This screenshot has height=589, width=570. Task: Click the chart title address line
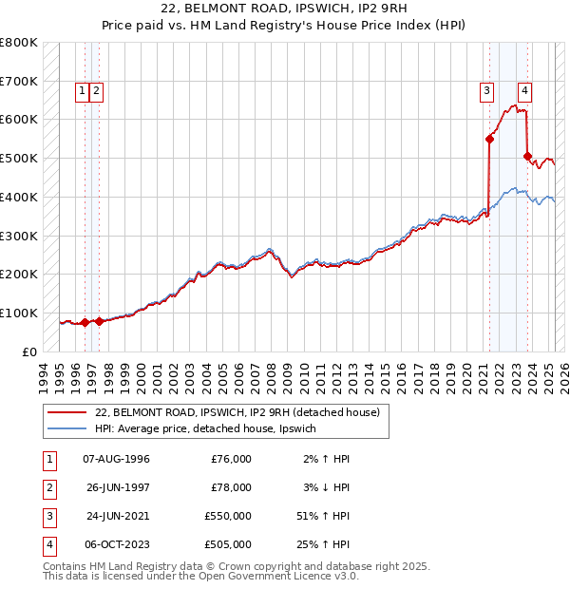[x=284, y=9]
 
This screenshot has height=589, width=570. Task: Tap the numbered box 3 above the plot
[x=486, y=92]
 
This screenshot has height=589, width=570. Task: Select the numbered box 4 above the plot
[x=524, y=92]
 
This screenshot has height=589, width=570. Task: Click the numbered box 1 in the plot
[x=84, y=92]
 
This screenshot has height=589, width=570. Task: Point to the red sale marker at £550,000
[x=490, y=139]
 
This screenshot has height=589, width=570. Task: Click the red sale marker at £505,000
[x=527, y=156]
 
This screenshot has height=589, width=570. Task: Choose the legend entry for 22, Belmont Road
[x=237, y=412]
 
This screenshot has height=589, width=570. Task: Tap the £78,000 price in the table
[x=231, y=488]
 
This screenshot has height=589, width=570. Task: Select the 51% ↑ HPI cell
[x=323, y=517]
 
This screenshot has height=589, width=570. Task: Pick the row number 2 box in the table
[x=47, y=488]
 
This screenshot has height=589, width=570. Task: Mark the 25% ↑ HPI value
[x=323, y=545]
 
